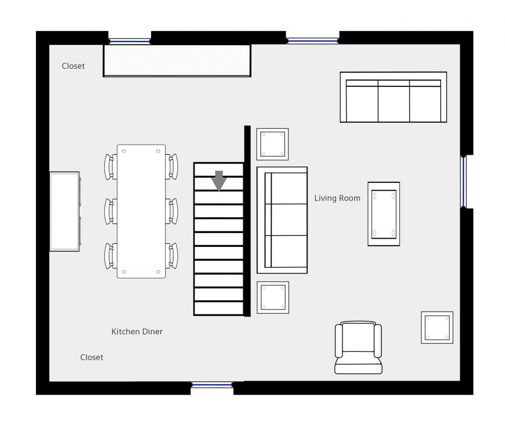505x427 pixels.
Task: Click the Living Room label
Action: coord(337,198)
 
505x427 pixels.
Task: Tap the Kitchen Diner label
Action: coord(137,331)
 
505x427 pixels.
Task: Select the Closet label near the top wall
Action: coord(73,66)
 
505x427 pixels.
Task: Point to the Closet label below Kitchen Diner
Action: coord(91,357)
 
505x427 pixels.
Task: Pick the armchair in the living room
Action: coord(358,348)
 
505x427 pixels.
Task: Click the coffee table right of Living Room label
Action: coord(384,214)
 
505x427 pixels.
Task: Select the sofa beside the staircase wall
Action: coord(282,220)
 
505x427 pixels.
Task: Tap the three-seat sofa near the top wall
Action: coord(393,97)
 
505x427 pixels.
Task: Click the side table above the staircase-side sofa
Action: coord(272,144)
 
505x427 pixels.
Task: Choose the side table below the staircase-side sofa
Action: coord(273,298)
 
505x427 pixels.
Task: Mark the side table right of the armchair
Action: coord(437,328)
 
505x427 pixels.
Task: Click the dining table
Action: coord(141,211)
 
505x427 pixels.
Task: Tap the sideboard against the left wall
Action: coord(65,211)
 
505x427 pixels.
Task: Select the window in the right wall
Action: coord(464,181)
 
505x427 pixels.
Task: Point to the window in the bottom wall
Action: coord(212,385)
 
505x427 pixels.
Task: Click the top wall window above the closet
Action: coord(129,41)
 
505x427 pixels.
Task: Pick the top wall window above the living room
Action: coord(312,41)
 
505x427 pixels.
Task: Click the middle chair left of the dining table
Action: coord(111,211)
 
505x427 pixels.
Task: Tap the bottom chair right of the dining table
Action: coord(172,256)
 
